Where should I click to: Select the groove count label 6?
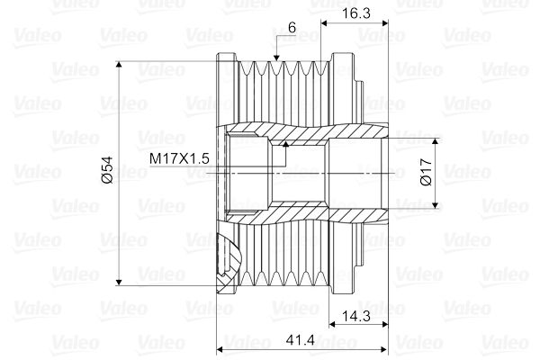point(292,28)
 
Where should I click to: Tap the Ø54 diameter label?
point(106,170)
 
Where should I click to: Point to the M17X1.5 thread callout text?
point(179,158)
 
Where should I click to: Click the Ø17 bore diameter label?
point(425,173)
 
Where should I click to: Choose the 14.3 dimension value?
point(354,317)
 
